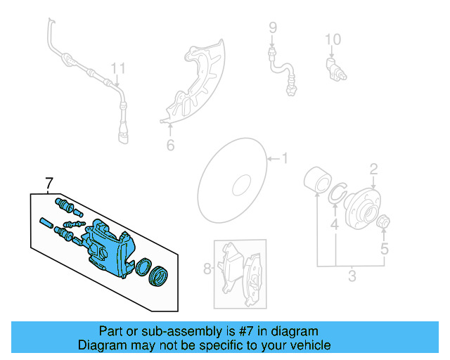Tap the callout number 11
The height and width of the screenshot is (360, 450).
coord(118,68)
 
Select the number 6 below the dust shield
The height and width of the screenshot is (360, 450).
coord(169,146)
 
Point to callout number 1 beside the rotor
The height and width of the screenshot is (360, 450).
coord(285,158)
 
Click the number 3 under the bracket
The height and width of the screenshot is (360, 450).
coord(351,275)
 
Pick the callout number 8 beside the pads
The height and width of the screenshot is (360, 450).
coord(207,268)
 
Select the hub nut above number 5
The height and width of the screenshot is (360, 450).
coord(385,224)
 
